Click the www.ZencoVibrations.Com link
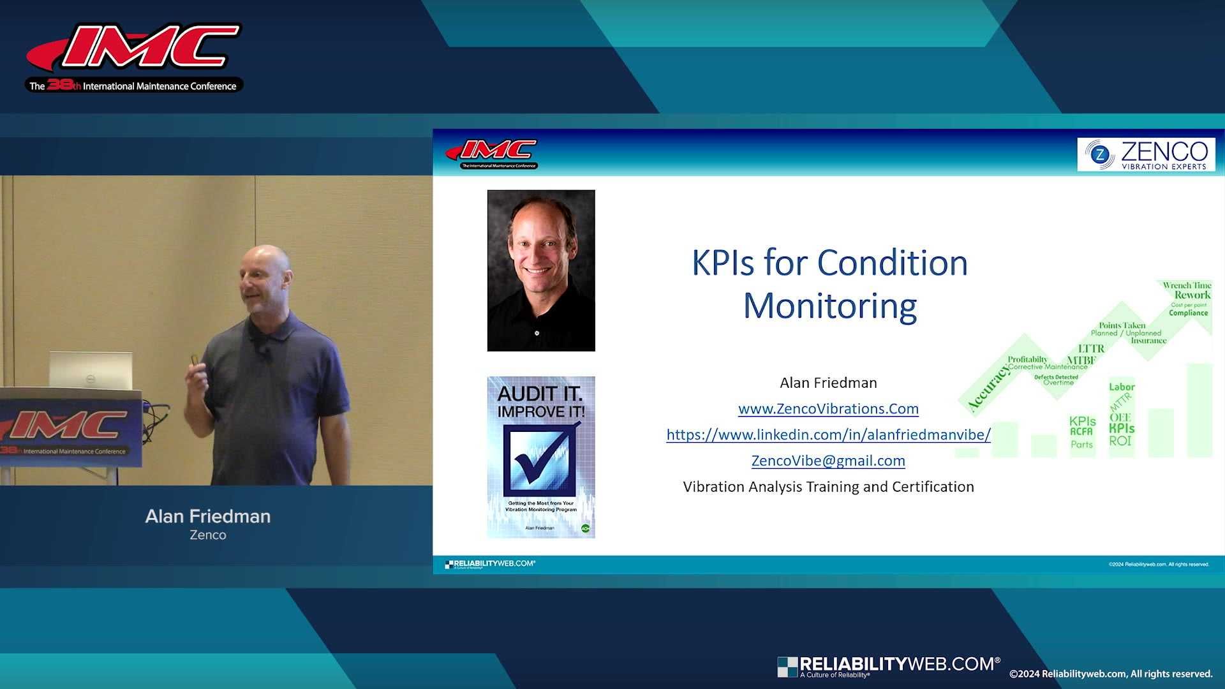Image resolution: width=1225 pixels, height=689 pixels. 828,409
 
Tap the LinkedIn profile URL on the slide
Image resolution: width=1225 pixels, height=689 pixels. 828,435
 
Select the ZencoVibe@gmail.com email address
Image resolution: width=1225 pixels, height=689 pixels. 828,461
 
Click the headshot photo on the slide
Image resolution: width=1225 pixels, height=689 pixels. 541,270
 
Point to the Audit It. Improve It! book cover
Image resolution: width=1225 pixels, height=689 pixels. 541,457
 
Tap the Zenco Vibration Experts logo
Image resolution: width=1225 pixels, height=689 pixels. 1146,155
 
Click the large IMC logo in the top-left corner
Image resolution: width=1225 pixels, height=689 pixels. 134,56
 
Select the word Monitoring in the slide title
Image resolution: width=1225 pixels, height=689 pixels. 829,306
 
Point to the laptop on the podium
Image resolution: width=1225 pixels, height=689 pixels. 91,370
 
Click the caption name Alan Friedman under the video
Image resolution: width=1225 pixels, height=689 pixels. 208,516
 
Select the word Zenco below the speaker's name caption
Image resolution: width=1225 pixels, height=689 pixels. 208,535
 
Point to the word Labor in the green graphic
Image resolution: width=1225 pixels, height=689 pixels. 1122,387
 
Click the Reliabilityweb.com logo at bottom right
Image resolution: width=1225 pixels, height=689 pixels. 888,666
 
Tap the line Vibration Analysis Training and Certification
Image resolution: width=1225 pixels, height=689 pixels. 828,487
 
